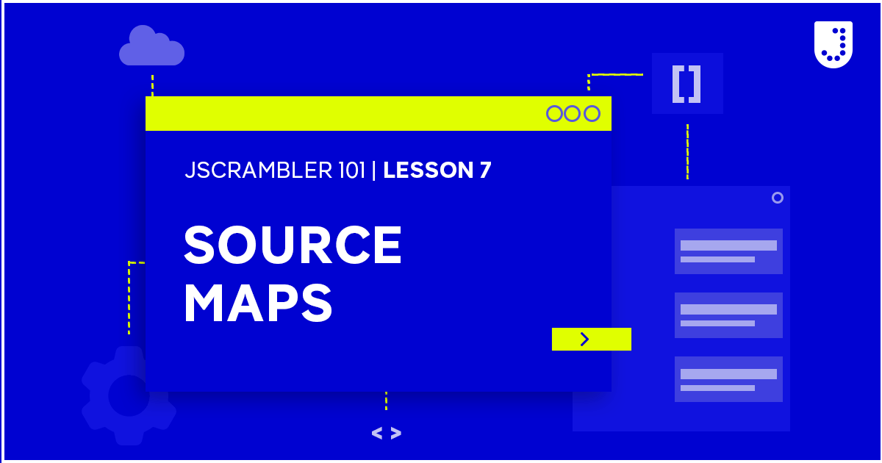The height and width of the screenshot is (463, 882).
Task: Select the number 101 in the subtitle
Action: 348,171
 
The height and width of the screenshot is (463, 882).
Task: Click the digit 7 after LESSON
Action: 485,171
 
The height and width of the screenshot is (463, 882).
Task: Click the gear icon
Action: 128,395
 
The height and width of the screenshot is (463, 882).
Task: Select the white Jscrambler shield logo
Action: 833,44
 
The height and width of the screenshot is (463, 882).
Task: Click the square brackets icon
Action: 686,84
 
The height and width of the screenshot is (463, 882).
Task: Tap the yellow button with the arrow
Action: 591,339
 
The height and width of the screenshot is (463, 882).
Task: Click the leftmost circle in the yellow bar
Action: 554,113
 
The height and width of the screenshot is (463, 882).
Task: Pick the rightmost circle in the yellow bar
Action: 592,113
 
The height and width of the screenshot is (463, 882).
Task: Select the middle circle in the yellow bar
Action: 573,113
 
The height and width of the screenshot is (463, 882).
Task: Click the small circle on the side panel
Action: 777,198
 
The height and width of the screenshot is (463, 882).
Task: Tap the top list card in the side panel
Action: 728,251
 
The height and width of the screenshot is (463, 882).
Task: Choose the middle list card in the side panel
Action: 728,315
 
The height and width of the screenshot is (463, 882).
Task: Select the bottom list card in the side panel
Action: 728,379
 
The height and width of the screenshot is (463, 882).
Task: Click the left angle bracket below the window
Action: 377,434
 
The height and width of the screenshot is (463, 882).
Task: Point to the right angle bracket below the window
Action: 396,434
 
